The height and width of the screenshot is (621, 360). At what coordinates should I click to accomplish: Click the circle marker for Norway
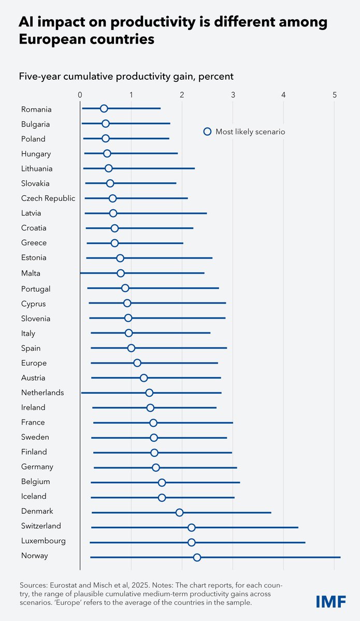(x=197, y=557)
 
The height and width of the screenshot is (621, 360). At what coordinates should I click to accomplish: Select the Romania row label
(x=36, y=109)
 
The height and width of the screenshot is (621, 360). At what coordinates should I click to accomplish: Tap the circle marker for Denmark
(x=179, y=512)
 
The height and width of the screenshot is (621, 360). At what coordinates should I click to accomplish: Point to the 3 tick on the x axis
(x=233, y=95)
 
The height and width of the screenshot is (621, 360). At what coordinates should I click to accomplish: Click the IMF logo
(x=332, y=601)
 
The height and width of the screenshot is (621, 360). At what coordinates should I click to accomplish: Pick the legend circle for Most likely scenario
(x=207, y=132)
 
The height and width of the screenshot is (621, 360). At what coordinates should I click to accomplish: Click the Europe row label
(x=34, y=363)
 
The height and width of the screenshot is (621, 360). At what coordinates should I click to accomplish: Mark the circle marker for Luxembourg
(x=192, y=542)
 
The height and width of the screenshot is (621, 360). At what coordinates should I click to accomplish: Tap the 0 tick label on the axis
(x=80, y=95)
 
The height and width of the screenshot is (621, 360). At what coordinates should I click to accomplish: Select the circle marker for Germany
(x=156, y=468)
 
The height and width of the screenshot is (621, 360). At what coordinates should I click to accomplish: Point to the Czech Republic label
(x=48, y=198)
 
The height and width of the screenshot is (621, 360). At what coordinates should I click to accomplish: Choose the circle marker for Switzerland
(x=192, y=527)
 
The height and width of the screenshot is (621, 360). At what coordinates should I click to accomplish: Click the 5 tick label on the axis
(x=335, y=95)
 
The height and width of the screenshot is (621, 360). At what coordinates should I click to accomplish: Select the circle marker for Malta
(x=121, y=273)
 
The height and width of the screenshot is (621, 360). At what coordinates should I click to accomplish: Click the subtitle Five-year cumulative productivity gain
(x=126, y=77)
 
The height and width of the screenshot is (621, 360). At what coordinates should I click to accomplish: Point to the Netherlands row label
(x=42, y=393)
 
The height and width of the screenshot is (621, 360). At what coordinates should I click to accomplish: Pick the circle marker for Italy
(x=128, y=333)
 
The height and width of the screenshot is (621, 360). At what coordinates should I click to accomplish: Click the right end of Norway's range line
(x=340, y=557)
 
